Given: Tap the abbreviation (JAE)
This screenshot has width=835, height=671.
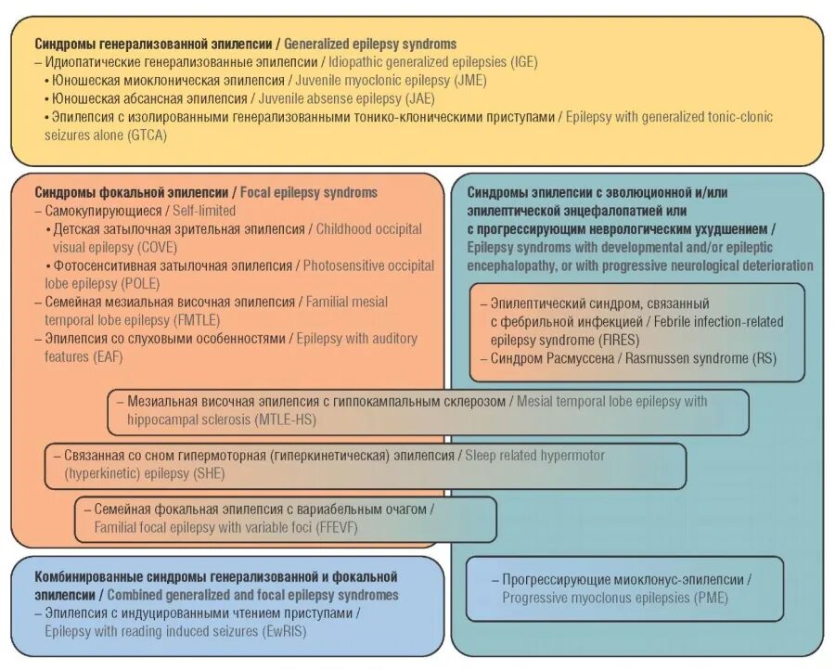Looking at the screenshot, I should [420, 98].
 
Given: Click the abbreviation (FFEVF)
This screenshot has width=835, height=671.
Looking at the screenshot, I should [336, 527].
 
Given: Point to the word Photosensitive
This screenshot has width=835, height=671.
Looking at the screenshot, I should [346, 265].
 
